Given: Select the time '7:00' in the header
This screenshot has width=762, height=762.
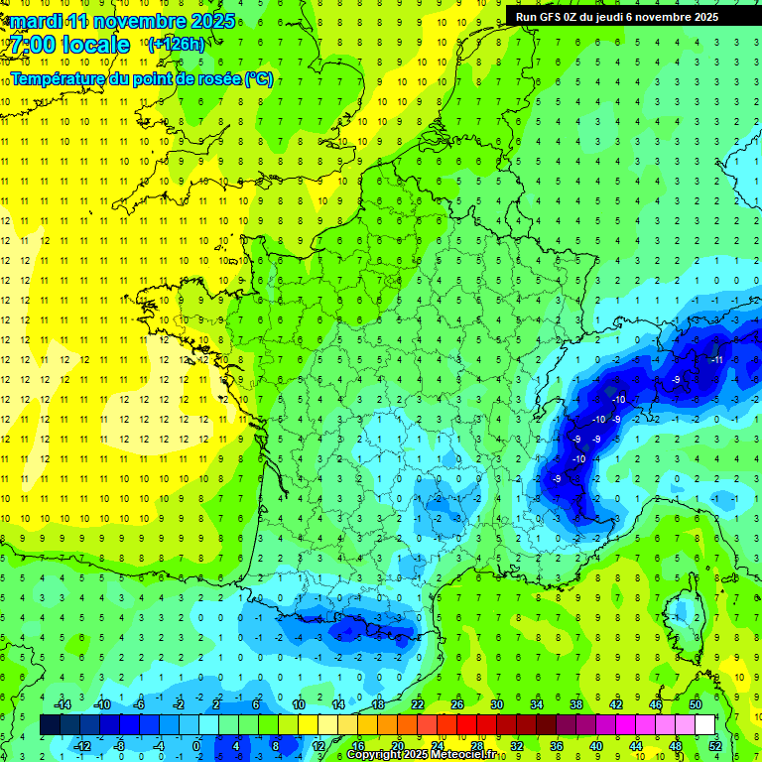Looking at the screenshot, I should click(32, 45).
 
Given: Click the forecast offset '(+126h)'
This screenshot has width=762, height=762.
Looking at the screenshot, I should click(176, 44).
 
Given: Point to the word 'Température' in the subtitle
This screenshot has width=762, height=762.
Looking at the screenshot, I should click(59, 78).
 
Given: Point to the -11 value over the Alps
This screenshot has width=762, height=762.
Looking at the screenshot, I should click(715, 359).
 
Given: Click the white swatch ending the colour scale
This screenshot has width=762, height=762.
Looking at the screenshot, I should click(704, 725).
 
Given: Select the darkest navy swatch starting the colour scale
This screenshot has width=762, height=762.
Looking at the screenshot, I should click(50, 725).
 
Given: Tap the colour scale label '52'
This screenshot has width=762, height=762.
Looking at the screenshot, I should click(715, 746).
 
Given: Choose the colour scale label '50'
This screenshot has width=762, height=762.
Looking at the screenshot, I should click(696, 704).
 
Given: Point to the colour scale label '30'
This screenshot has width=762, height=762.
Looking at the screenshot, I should click(496, 704).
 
